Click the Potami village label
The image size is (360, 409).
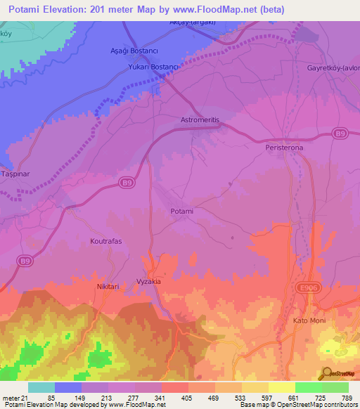coord(181,211)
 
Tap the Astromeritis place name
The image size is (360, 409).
coord(200,120)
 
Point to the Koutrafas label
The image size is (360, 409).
coord(106,241)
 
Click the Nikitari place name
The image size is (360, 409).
coord(108,287)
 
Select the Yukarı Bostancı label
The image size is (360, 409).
coord(154,65)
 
